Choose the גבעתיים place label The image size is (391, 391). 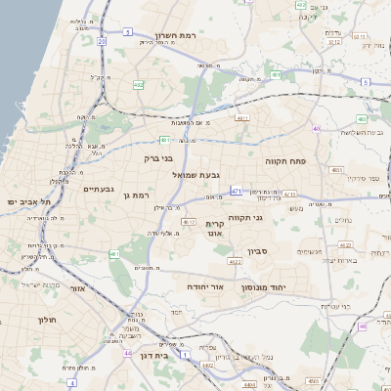100,189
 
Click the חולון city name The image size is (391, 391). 48,320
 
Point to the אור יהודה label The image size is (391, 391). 206,286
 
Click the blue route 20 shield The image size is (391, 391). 102,42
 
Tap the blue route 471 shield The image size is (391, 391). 237,191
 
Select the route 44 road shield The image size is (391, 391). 128,354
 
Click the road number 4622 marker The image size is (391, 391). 235,262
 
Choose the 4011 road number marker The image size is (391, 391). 242,117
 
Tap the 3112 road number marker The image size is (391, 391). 334,42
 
